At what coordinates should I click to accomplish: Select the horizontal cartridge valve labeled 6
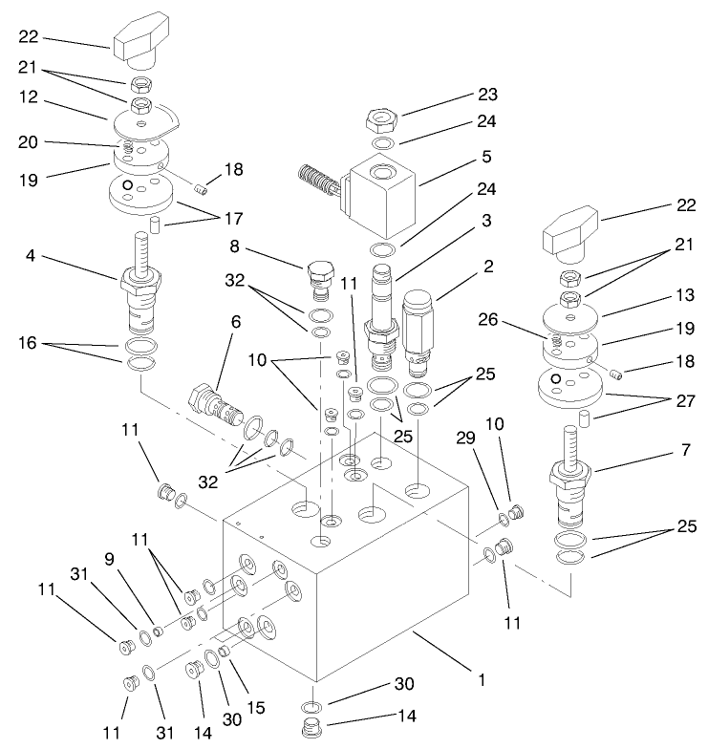[218, 398]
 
